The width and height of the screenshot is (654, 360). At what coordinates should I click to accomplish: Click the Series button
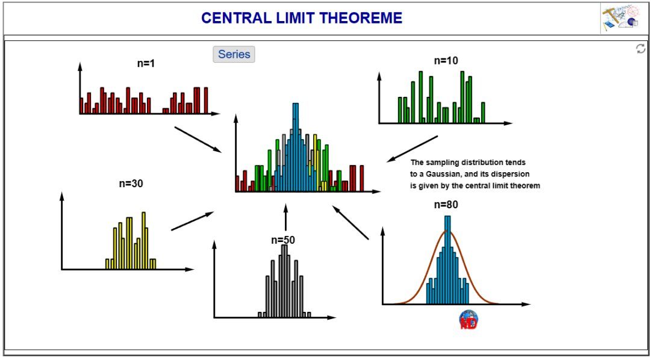pos(234,54)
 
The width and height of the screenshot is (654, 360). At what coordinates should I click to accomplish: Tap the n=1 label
pos(146,63)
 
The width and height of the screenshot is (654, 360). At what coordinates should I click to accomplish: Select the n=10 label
pos(446,61)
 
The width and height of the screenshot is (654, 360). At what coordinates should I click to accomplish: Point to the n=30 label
pos(131,184)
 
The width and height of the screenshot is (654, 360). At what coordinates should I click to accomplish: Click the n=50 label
pos(283,240)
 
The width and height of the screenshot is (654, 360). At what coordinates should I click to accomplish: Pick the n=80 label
pos(446,205)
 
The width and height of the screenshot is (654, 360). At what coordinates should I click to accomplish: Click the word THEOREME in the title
pos(361,18)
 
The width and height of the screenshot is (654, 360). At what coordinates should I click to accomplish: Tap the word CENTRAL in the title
pos(236,18)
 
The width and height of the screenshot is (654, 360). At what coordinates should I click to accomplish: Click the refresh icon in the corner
pos(641,49)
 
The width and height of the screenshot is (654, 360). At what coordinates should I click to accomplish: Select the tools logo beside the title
pos(620,17)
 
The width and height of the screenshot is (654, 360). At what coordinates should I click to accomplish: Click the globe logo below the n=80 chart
pos(469,320)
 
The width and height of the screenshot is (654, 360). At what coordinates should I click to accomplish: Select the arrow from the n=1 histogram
pos(198,140)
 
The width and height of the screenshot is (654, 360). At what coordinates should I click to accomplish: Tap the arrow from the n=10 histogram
pos(412,149)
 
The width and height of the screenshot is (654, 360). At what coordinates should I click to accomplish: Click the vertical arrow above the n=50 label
pos(285,217)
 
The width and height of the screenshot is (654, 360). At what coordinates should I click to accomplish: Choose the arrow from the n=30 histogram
pos(192,221)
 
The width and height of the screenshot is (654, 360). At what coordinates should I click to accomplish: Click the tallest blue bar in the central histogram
pos(295,147)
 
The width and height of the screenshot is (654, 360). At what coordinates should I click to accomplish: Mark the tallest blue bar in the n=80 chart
pos(447,260)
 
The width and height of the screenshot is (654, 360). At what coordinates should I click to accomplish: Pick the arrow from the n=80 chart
pos(350,222)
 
